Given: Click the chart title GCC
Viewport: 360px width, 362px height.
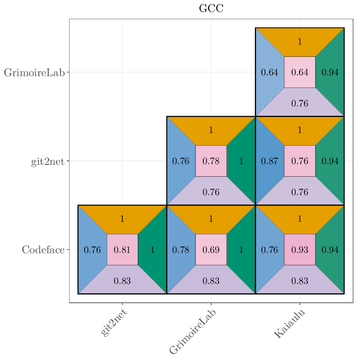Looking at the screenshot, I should pos(211,9).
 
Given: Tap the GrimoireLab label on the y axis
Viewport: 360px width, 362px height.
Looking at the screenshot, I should pos(34,73).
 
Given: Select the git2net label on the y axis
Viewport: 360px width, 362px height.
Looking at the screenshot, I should pos(48,162).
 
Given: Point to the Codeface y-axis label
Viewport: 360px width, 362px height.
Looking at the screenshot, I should pos(43,250).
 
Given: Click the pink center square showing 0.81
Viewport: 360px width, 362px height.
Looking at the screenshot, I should pos(122,250).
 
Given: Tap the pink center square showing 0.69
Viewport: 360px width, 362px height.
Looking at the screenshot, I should pos(211,250).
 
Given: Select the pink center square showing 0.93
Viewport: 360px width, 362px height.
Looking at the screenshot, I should pos(300,250).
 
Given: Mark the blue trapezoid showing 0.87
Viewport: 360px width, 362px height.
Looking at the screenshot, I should pos(270,161).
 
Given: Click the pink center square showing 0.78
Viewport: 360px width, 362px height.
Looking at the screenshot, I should pos(211,161).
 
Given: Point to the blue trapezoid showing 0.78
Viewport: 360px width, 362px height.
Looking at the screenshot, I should pos(180,250).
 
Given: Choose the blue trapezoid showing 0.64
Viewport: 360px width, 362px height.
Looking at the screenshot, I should pos(270,72).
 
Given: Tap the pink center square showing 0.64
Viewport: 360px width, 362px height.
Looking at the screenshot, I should pos(300,72).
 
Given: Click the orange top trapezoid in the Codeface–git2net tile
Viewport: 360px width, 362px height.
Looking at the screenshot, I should pos(122,219).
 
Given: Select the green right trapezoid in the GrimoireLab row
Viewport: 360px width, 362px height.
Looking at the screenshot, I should pos(330,72).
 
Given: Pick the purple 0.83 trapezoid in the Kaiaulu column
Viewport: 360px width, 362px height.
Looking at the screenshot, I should pos(300,281).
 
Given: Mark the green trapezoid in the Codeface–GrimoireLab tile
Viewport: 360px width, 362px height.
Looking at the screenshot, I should pos(241,250).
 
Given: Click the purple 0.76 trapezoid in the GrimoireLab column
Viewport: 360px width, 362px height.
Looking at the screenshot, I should pos(211,192).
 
